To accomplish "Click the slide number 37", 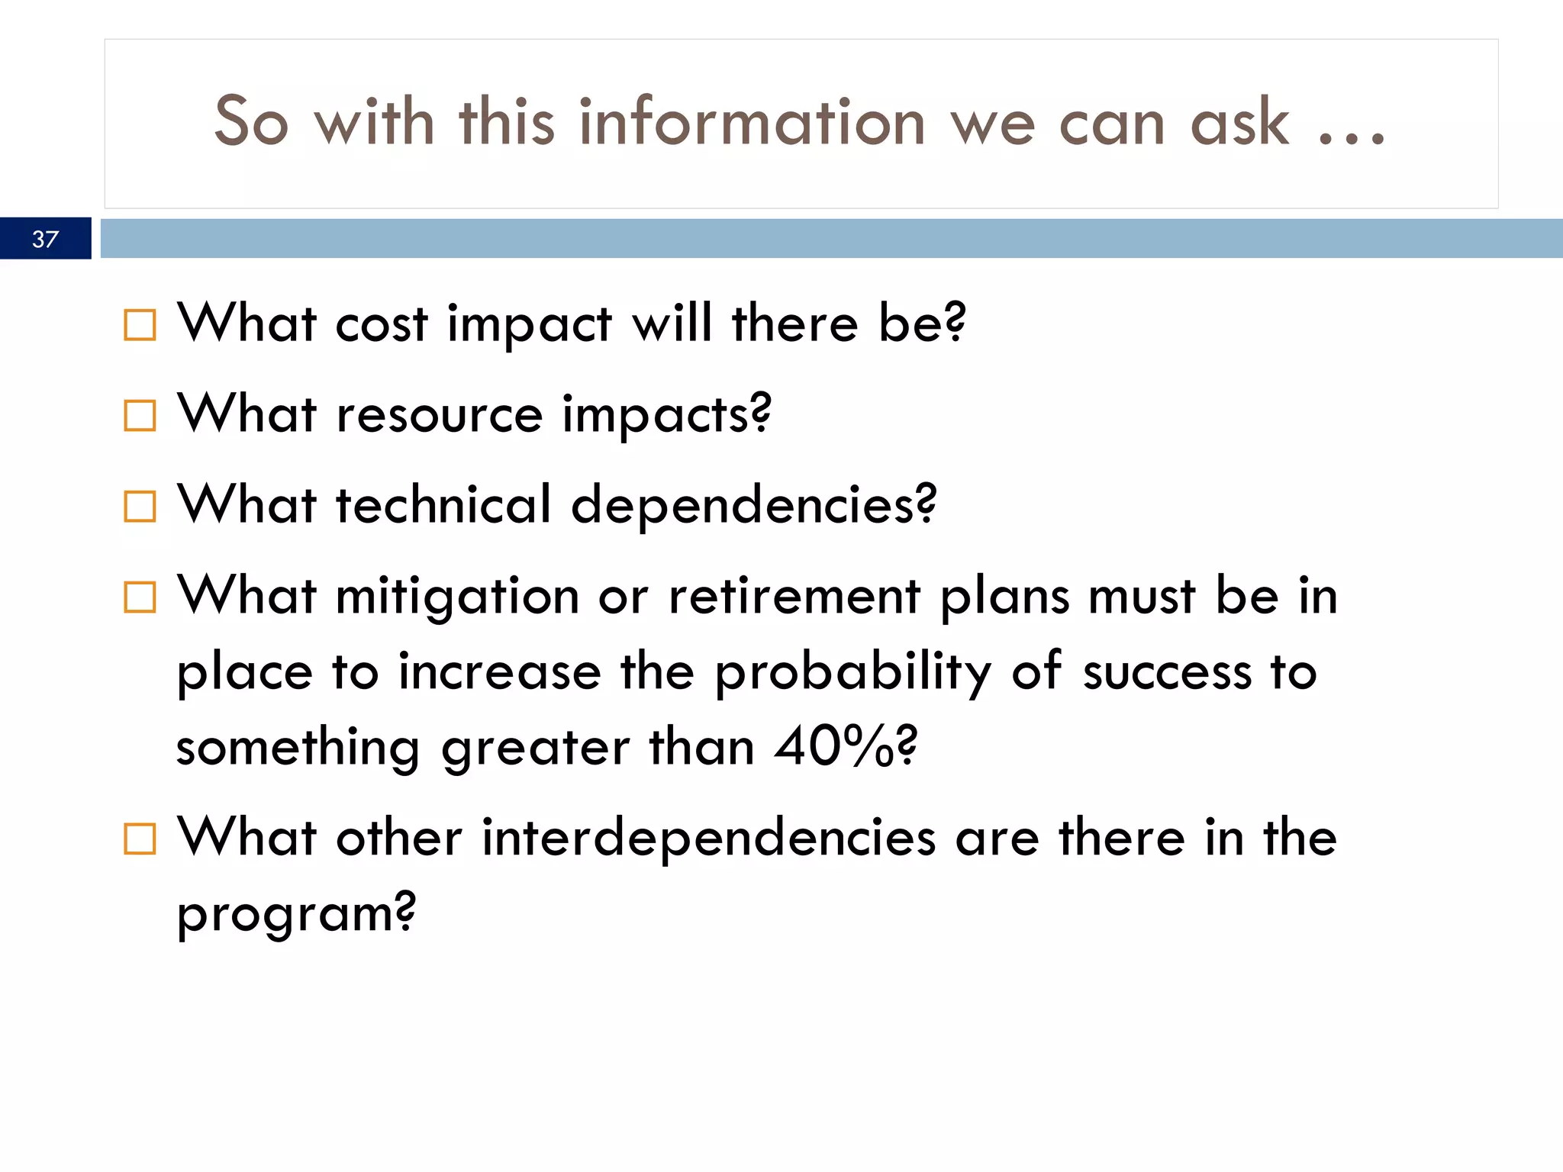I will click(x=45, y=239).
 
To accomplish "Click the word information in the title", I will click(x=752, y=122).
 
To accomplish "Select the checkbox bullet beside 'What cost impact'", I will click(x=140, y=324).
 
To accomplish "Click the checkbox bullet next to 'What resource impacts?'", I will click(x=140, y=415).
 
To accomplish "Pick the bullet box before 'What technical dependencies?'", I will click(x=140, y=506).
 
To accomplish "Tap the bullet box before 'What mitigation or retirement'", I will click(x=140, y=597).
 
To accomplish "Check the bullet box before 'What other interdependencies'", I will click(x=140, y=839).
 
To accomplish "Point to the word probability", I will click(x=852, y=674).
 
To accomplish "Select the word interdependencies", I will click(x=708, y=838).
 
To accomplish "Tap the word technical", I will click(x=443, y=504).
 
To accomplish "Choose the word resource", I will click(x=439, y=416).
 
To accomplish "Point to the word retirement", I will click(x=794, y=596).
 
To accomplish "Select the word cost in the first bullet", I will click(x=381, y=324).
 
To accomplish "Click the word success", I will click(x=1167, y=672).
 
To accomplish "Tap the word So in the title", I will click(x=251, y=122).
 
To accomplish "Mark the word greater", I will click(x=535, y=749).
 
